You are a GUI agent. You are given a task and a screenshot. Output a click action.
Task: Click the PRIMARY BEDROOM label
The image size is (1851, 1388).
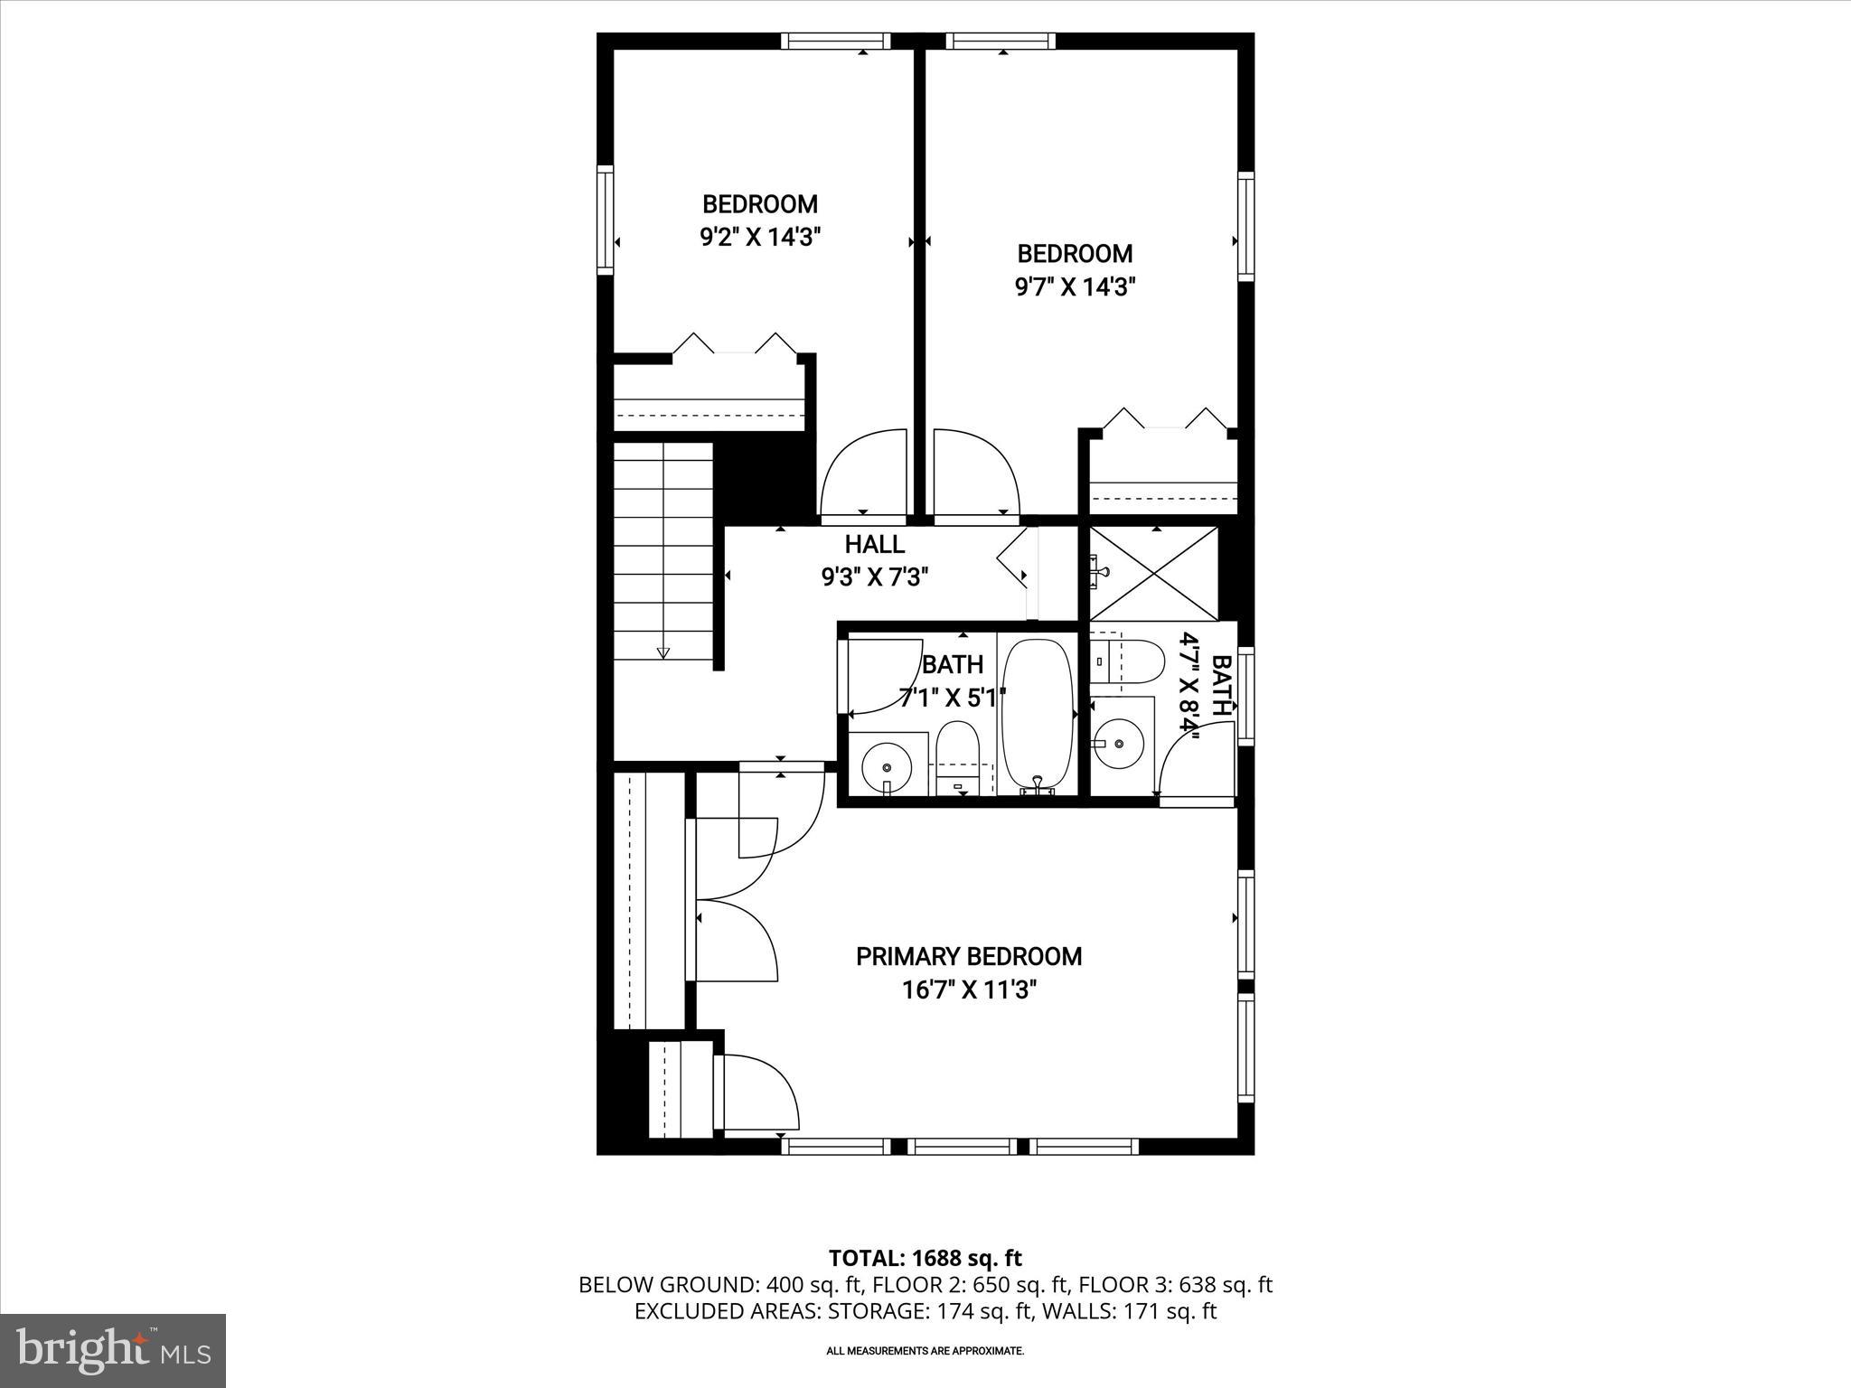point(968,956)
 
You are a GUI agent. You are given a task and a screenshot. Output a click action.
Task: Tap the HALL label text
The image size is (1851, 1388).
point(874,544)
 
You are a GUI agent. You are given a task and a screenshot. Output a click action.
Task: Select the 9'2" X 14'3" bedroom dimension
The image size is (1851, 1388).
point(759,238)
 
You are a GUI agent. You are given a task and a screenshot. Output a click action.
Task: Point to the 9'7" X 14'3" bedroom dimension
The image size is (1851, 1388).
point(1074,287)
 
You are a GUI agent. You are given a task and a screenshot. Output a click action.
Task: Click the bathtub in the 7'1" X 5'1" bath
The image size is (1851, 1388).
point(1037,714)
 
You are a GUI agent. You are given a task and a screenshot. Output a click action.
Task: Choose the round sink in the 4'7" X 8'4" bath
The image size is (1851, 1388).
point(1119,743)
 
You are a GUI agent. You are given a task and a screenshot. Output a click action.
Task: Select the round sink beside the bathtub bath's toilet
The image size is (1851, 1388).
point(887,768)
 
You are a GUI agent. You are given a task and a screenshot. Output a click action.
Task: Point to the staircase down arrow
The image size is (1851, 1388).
point(663,652)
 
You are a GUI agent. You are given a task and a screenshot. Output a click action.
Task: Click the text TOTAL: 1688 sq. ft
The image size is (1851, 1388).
point(925,1258)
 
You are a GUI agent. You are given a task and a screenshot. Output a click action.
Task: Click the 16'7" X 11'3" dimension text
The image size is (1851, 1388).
point(968,990)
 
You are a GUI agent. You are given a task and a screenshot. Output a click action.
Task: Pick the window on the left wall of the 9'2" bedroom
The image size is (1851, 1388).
point(605,219)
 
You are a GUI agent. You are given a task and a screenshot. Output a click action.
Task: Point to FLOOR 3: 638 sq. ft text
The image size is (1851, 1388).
point(1175,1285)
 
